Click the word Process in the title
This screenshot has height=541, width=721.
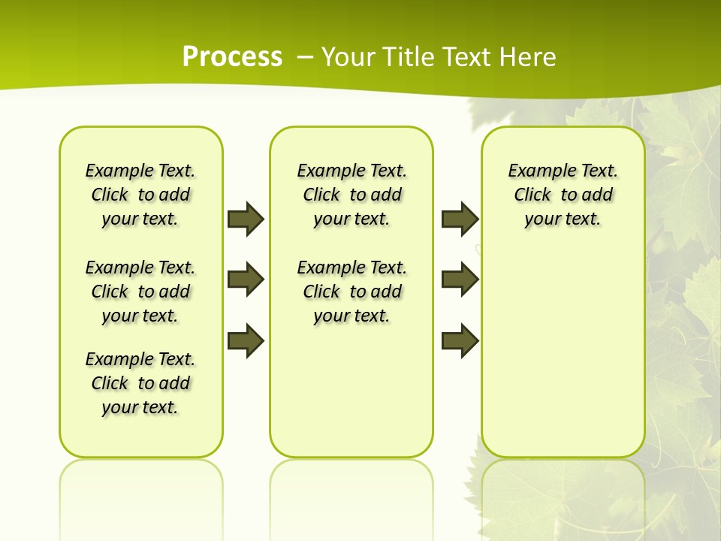[232, 56]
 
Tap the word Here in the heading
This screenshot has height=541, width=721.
[525, 56]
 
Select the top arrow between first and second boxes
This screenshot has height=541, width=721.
[246, 219]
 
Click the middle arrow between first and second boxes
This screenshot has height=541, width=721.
[246, 280]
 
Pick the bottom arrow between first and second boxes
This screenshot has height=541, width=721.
[246, 341]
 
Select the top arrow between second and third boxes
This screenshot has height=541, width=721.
[460, 219]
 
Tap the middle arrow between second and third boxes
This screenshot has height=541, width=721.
[460, 280]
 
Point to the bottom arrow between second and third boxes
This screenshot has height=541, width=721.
[460, 341]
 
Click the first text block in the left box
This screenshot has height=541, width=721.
[140, 195]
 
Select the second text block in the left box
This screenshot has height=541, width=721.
[140, 292]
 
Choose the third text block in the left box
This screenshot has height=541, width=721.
[140, 383]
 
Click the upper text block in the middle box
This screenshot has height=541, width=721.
[351, 195]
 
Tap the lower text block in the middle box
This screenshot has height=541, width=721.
[351, 292]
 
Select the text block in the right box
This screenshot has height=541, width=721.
[563, 195]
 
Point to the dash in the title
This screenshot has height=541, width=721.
[305, 56]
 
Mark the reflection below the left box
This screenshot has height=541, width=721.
[141, 488]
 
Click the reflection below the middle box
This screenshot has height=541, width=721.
[351, 488]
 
